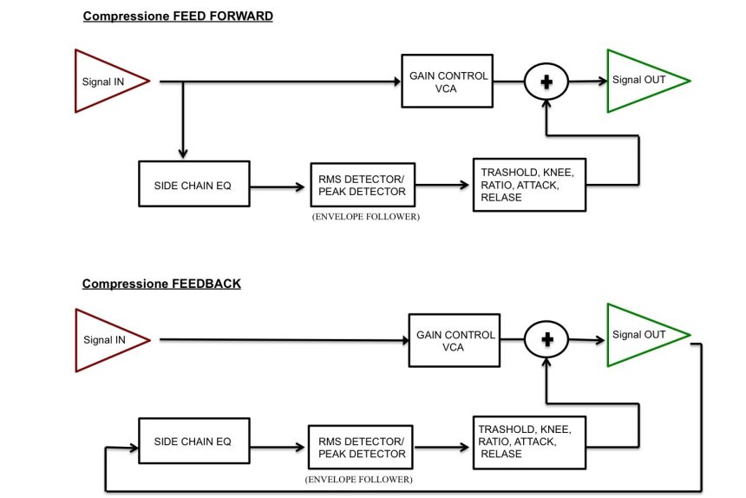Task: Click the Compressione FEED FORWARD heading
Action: pyautogui.click(x=178, y=16)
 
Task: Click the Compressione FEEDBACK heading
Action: pyautogui.click(x=161, y=284)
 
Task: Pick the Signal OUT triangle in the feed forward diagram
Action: pyautogui.click(x=643, y=81)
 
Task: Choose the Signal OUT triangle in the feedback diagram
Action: pyautogui.click(x=643, y=335)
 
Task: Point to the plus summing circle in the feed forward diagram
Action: pyautogui.click(x=546, y=82)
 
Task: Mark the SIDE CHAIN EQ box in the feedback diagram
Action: pyautogui.click(x=193, y=442)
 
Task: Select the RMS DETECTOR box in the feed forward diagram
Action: pyautogui.click(x=362, y=185)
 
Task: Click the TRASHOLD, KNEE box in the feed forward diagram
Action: pyautogui.click(x=528, y=185)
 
